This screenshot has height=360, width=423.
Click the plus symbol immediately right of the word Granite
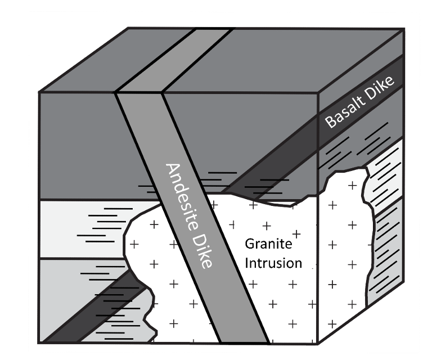pos(297,233)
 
